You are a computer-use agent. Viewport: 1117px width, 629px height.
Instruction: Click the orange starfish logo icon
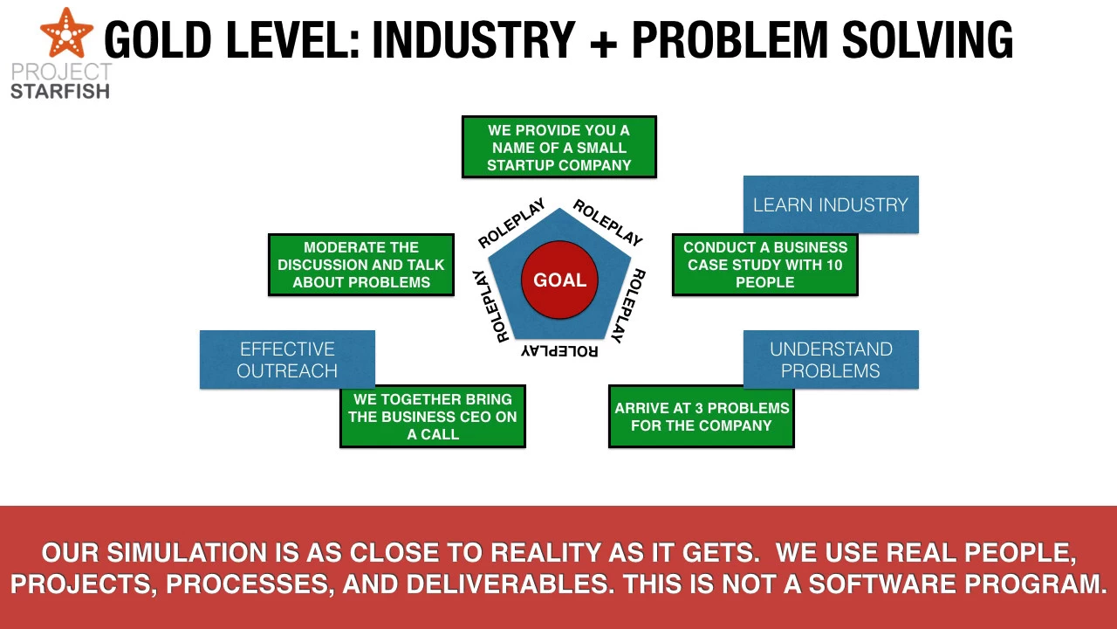click(x=66, y=33)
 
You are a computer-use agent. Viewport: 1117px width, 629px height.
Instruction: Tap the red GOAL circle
click(x=559, y=280)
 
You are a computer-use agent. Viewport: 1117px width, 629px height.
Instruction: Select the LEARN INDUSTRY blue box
click(x=831, y=204)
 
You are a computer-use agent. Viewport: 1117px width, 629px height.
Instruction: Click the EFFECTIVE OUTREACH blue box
click(x=287, y=359)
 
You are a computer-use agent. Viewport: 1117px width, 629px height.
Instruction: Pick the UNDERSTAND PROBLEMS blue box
click(x=831, y=359)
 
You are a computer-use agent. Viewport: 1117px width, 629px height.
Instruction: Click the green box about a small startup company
click(x=559, y=147)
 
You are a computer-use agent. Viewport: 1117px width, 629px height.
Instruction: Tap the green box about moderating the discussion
click(x=361, y=265)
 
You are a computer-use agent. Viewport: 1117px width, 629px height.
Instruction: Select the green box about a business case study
click(x=765, y=265)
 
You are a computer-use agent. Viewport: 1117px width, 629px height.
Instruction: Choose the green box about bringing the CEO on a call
click(x=432, y=417)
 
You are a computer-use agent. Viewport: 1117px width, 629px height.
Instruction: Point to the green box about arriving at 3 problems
click(x=701, y=417)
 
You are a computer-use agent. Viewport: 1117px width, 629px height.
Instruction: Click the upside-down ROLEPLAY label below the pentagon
click(x=559, y=350)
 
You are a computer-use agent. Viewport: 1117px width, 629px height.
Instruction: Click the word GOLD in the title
click(x=158, y=40)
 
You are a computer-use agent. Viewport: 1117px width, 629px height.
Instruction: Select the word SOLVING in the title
click(x=928, y=40)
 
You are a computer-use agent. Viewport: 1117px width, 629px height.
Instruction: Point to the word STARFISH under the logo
click(x=60, y=92)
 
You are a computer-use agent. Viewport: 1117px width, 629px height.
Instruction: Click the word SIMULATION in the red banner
click(x=202, y=553)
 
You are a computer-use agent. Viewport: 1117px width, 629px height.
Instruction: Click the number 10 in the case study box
click(x=833, y=265)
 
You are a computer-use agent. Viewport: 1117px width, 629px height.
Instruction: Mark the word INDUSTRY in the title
click(x=474, y=40)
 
